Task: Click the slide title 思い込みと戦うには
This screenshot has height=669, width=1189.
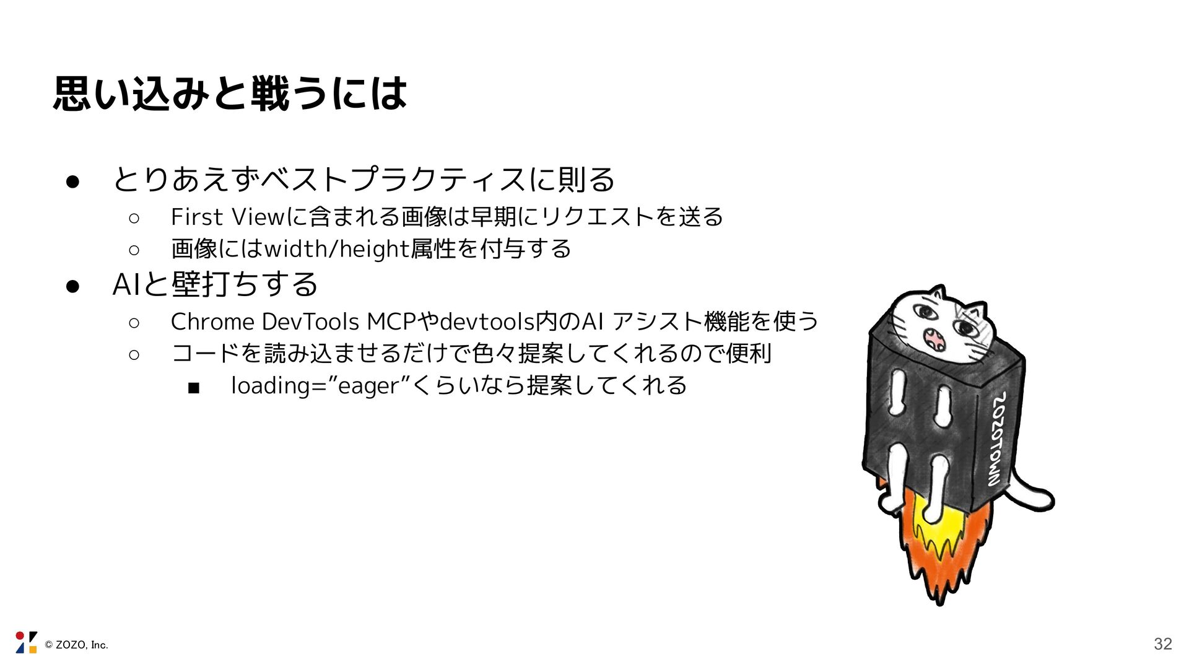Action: (230, 94)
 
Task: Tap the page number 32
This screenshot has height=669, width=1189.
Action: (1162, 644)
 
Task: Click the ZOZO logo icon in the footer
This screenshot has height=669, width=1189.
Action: (26, 642)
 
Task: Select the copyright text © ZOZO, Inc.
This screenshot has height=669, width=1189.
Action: (76, 645)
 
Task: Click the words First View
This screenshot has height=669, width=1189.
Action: (227, 217)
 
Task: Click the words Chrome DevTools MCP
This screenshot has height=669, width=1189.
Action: (292, 322)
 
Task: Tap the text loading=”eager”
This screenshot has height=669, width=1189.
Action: (320, 386)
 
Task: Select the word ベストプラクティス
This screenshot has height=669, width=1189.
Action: (393, 180)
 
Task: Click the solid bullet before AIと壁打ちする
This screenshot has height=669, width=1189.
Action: (72, 286)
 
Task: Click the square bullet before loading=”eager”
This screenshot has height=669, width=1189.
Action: (193, 388)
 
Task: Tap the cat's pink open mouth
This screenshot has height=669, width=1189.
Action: (933, 339)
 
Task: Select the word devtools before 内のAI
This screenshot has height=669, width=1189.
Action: (487, 322)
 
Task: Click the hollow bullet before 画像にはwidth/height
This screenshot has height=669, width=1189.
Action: (134, 250)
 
